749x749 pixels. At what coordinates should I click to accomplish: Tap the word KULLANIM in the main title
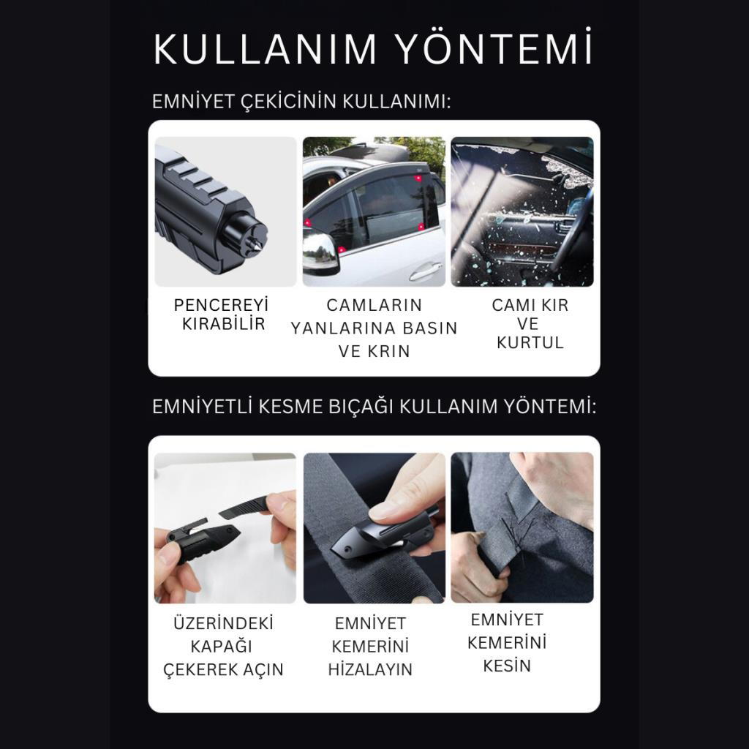coord(265,49)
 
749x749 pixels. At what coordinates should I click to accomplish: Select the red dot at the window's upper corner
coord(418,178)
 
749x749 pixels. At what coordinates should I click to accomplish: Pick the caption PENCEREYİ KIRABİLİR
coord(222,315)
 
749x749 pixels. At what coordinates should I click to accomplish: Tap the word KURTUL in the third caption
coord(530,342)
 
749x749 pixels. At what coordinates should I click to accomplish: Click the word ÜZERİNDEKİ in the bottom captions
coord(224,623)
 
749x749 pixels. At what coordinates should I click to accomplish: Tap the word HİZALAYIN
coord(370,669)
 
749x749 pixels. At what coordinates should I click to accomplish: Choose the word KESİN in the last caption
coord(507,666)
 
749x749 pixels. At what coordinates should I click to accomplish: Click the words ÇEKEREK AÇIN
coord(224,669)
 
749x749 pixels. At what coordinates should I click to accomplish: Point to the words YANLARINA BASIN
coord(374,328)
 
